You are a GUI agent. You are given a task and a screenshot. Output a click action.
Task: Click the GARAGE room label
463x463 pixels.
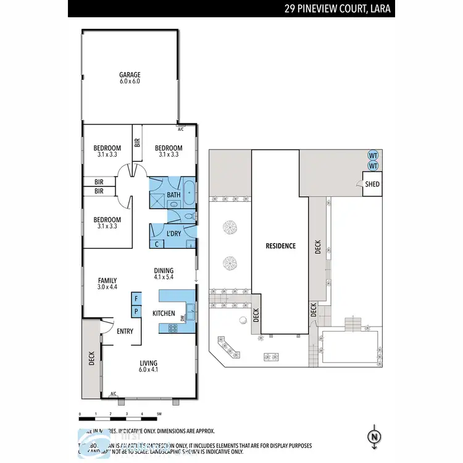(130, 75)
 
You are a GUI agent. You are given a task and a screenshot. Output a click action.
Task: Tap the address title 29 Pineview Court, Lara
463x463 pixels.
(339, 9)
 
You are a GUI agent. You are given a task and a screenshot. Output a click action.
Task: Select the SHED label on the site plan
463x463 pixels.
(372, 185)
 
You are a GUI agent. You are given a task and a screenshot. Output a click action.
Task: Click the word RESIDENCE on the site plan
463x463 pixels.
(280, 246)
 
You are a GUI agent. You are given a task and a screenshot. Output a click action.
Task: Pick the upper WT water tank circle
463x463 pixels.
(372, 155)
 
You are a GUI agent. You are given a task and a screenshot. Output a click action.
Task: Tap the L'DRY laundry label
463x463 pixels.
(173, 233)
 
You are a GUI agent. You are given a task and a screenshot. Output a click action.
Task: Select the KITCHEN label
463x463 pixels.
(164, 314)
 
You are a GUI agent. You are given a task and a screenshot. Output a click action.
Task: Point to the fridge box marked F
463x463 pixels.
(135, 299)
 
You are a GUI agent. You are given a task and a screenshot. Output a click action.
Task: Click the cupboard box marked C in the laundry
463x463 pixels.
(156, 243)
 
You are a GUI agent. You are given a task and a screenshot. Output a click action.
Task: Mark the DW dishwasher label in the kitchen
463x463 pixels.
(182, 318)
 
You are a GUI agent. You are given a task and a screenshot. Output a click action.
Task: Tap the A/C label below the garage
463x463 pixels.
(181, 130)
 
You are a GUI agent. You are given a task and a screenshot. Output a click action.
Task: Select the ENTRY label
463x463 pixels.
(125, 332)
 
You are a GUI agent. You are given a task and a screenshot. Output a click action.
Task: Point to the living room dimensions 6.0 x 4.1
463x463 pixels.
(149, 370)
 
